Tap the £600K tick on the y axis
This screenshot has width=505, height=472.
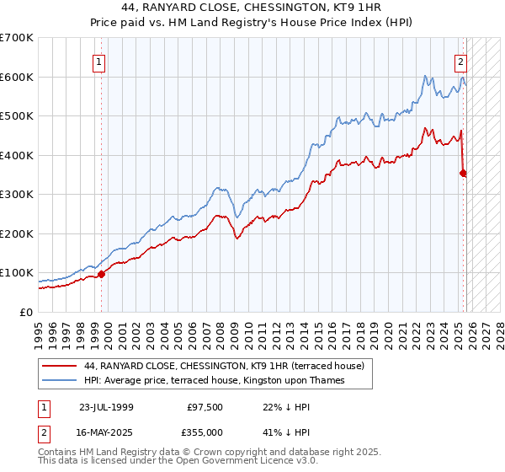click(x=17, y=77)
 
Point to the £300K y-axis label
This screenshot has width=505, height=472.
click(x=17, y=195)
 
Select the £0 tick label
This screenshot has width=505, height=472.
click(x=26, y=313)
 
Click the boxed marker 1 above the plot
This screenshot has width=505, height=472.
click(x=99, y=61)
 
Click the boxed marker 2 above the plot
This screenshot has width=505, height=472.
click(x=461, y=61)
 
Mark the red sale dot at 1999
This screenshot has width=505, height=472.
click(x=102, y=274)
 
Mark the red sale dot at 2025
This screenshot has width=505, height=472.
click(x=463, y=173)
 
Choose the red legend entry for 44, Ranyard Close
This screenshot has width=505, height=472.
click(x=224, y=366)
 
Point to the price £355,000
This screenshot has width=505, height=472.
click(x=205, y=432)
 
